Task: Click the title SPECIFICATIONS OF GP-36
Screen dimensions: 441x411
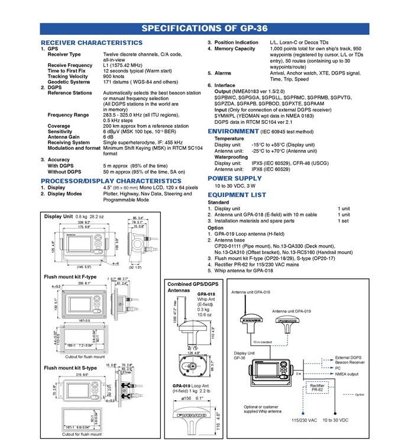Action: tap(205, 29)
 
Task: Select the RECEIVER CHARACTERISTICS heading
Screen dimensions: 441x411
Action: tap(91, 43)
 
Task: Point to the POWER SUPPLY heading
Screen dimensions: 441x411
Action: tap(235, 178)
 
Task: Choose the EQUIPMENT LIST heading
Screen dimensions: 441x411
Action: tap(237, 194)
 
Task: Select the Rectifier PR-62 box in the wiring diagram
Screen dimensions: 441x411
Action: tap(318, 388)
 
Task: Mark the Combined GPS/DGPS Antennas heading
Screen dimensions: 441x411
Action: tap(187, 288)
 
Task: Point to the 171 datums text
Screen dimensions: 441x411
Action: tap(140, 82)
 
